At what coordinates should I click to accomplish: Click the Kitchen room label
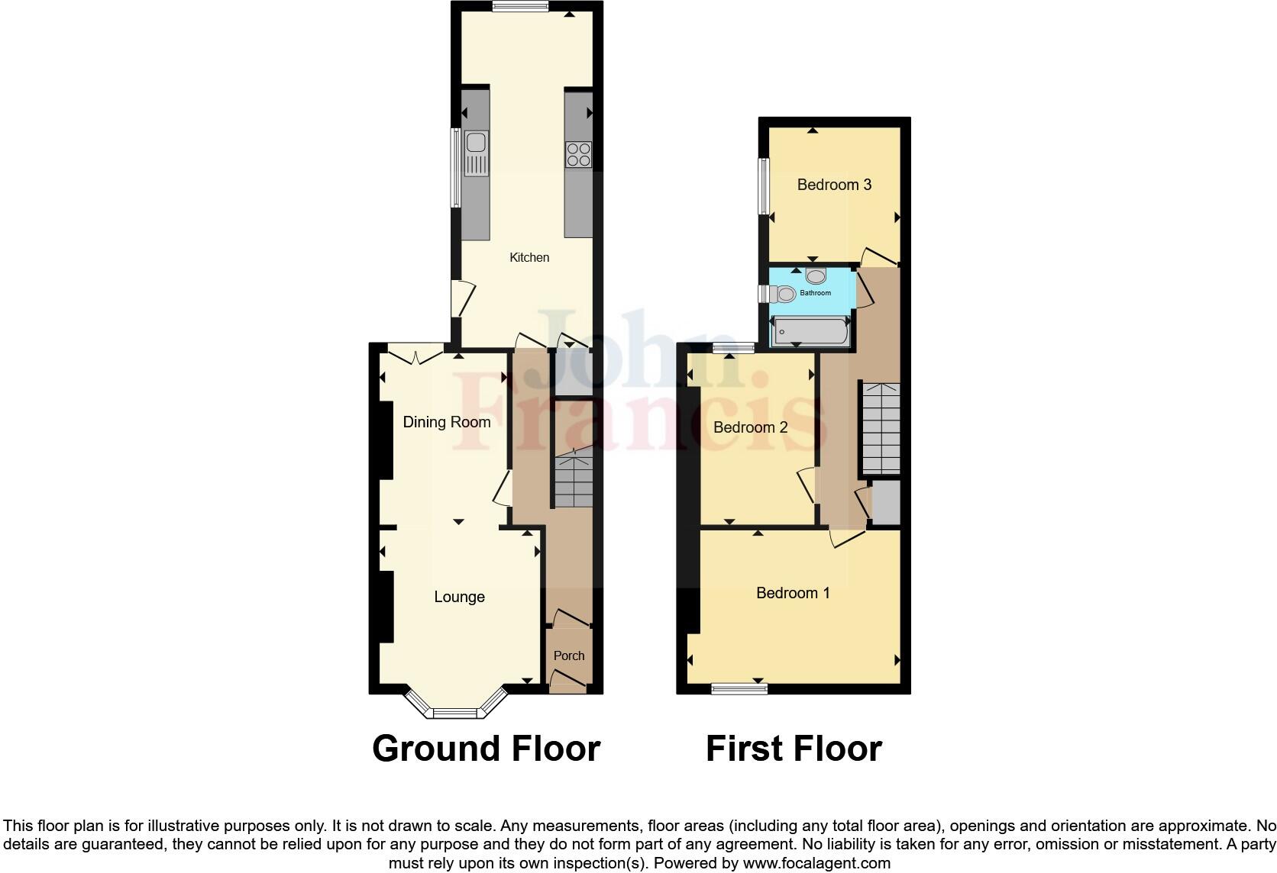[x=529, y=257]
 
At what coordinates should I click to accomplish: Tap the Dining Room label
[x=447, y=422]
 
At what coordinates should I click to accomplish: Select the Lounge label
[x=459, y=597]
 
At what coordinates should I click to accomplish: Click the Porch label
[x=569, y=656]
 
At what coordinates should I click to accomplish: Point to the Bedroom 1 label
[x=793, y=593]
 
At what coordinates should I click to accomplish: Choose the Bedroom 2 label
[x=750, y=427]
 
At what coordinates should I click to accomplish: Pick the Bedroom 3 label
[x=834, y=185]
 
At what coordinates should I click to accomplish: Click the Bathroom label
[x=816, y=293]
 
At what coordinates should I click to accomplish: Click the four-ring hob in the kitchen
[x=579, y=154]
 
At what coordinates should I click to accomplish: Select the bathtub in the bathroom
[x=810, y=332]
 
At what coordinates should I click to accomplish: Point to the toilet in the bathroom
[x=783, y=293]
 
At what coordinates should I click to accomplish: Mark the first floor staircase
[x=881, y=427]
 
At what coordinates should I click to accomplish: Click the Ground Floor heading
[x=486, y=749]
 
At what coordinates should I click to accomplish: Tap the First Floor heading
[x=794, y=749]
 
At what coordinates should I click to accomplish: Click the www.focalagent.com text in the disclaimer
[x=816, y=864]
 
